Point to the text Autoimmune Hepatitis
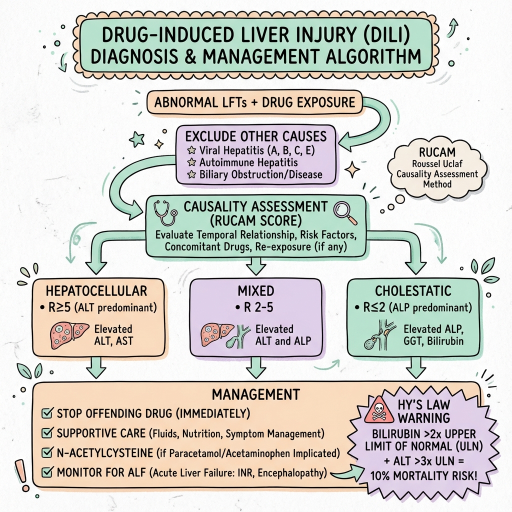242,162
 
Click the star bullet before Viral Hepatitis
190,149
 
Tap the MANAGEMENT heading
255,394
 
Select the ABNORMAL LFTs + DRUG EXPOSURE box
254,103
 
